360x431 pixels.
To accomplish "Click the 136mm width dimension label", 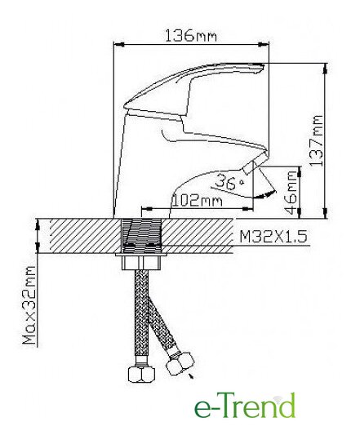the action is click(x=190, y=36).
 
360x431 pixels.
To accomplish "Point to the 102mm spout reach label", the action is click(x=197, y=201).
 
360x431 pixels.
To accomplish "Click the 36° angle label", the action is click(x=229, y=182).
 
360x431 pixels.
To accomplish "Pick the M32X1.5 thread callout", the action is click(x=273, y=237).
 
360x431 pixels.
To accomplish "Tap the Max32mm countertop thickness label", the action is click(x=29, y=305).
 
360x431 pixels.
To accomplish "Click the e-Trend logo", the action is click(x=245, y=405).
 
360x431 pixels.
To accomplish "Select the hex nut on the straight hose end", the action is click(x=141, y=375).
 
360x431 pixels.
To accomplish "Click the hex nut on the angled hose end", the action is click(x=180, y=363).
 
